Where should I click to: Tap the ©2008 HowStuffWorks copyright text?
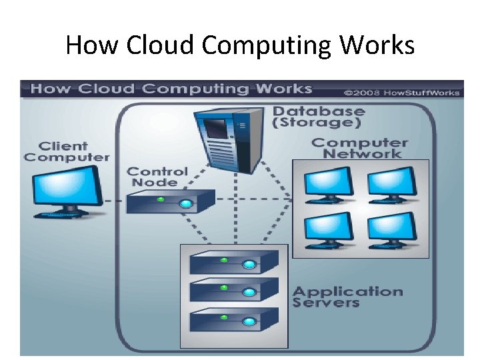[401, 92]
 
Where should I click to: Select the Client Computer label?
[65, 151]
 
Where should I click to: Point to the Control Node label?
[157, 177]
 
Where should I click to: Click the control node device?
[171, 201]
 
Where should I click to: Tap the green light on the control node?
[160, 199]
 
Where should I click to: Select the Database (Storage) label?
[318, 117]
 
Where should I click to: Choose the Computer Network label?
[359, 147]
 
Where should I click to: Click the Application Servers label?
[347, 297]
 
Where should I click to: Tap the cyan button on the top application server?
[249, 265]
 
